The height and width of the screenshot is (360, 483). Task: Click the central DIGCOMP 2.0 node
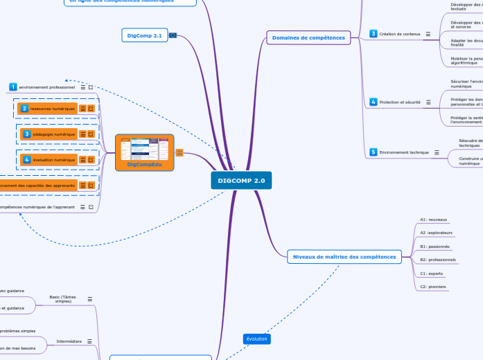pos(241,181)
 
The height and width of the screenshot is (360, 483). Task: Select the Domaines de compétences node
pos(308,37)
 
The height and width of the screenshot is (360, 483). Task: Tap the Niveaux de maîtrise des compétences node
pos(344,257)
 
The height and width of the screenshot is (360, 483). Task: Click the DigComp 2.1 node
pos(143,35)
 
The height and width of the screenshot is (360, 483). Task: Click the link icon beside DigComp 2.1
pos(173,35)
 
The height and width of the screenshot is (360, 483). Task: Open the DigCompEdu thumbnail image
pos(144,148)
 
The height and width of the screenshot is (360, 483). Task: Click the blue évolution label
pos(256,339)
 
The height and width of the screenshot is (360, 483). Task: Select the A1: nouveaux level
pos(434,219)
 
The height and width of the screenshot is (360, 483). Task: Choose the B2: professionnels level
pos(437,260)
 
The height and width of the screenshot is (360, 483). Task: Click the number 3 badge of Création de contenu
pos(373,34)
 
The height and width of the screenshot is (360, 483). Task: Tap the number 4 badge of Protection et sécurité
pos(373,102)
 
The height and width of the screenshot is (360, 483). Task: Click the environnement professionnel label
pos(46,87)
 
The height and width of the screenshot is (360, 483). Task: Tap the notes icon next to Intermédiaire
pos(90,341)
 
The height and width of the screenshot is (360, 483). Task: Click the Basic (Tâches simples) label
pos(63,299)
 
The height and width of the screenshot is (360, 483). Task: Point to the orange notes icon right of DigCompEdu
pos(179,153)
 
